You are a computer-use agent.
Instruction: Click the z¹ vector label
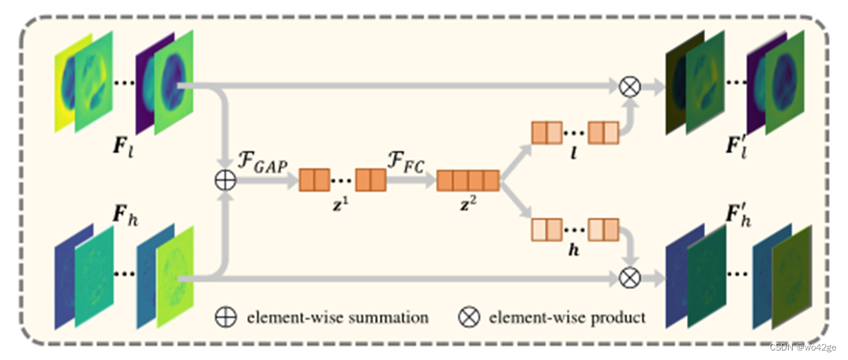pyautogui.click(x=341, y=203)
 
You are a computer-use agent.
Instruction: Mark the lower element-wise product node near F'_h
pyautogui.click(x=629, y=277)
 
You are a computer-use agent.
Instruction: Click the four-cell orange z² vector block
pyautogui.click(x=468, y=180)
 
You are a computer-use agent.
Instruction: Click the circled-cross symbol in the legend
pyautogui.click(x=469, y=317)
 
